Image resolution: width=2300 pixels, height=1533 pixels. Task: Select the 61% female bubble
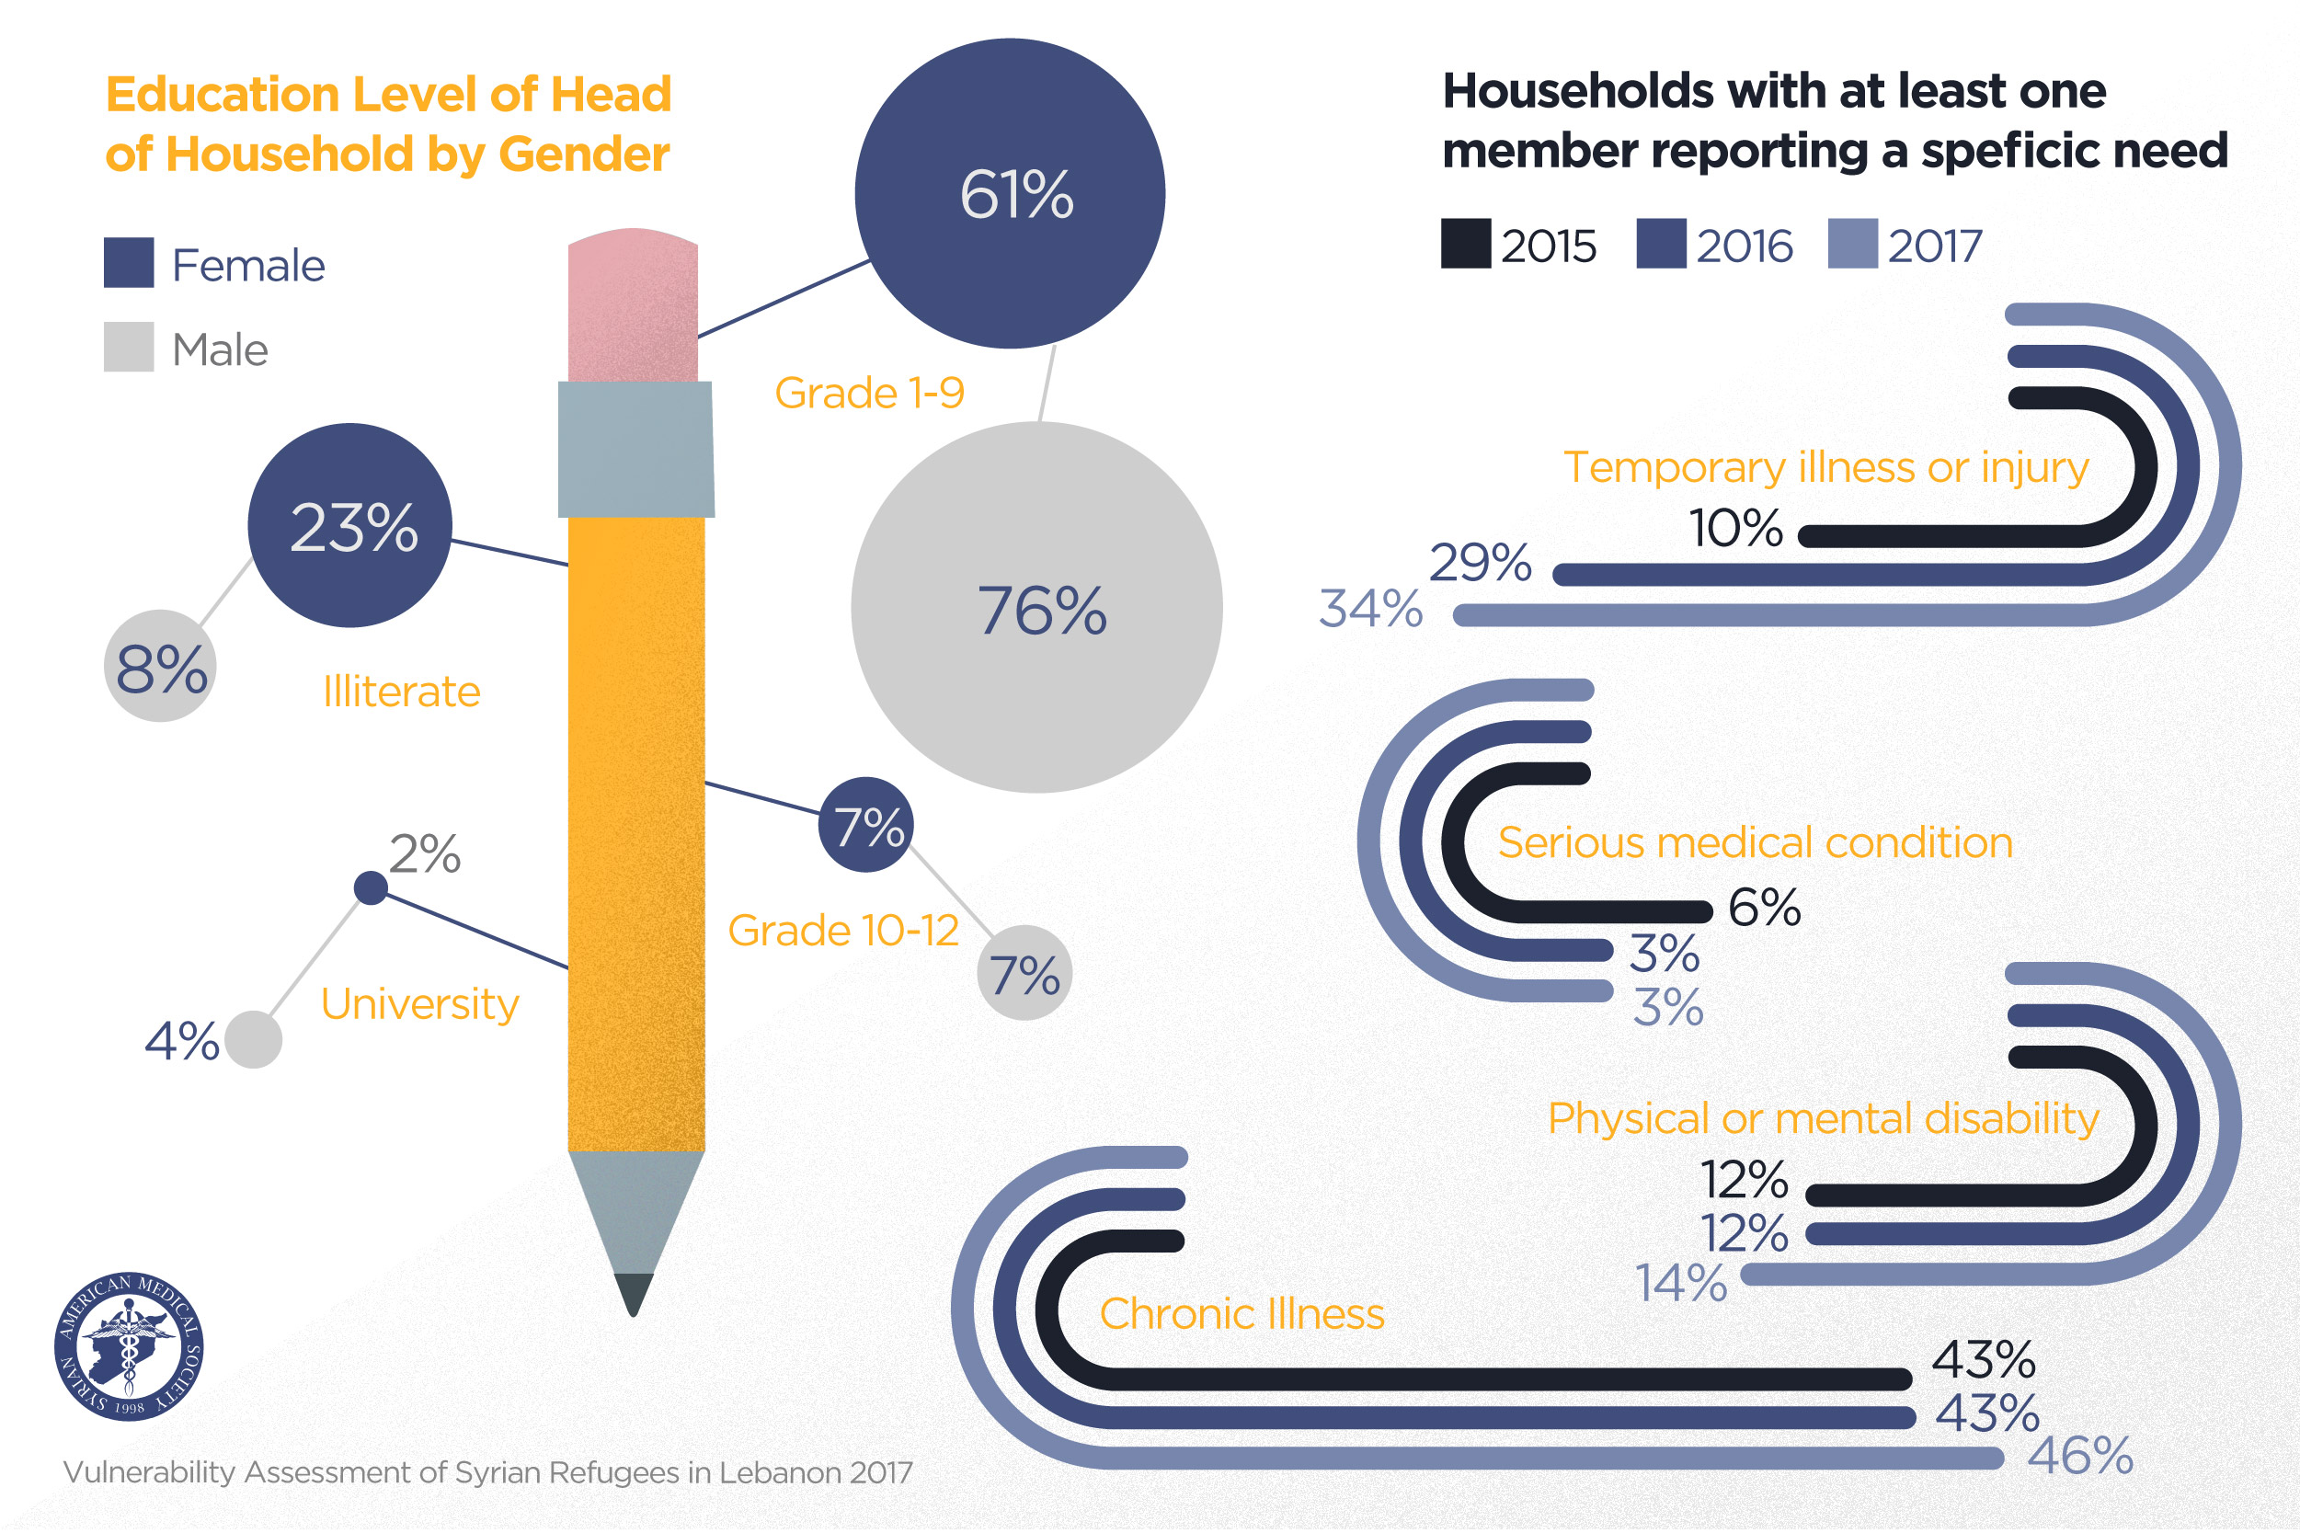coord(1010,194)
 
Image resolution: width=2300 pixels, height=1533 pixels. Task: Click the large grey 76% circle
coord(1036,607)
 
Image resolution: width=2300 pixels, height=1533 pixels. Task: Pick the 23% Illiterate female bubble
coord(350,525)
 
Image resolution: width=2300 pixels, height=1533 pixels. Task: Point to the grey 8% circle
coord(160,667)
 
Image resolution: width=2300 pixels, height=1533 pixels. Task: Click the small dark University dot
coord(371,887)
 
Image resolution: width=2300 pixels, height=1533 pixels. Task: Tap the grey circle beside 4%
coord(253,1039)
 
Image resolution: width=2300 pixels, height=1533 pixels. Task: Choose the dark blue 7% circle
coord(866,824)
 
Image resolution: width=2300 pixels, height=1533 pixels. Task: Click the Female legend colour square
coord(129,262)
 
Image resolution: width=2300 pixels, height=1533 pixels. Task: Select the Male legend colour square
coord(129,347)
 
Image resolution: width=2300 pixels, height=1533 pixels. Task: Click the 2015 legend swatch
coord(1465,244)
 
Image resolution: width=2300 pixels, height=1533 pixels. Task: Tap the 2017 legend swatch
coord(1852,244)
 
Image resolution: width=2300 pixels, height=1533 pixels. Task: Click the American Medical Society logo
coord(129,1346)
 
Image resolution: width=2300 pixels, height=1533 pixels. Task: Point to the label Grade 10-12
coord(842,930)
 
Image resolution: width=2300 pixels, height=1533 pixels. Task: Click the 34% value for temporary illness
coord(1369,608)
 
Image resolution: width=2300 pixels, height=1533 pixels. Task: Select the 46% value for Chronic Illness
coord(2080,1456)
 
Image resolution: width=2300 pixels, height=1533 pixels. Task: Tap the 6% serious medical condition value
coord(1763,908)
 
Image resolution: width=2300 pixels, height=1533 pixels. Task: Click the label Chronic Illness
coord(1242,1313)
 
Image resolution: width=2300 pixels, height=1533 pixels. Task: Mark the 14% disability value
coord(1681,1283)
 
